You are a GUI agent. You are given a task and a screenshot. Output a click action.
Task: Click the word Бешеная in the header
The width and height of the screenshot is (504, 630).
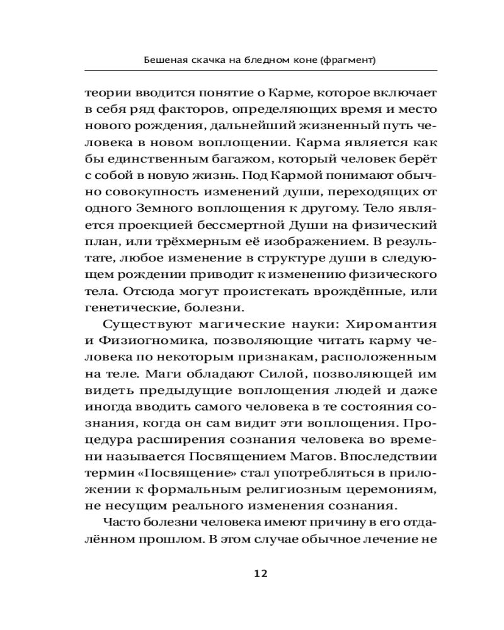(x=164, y=61)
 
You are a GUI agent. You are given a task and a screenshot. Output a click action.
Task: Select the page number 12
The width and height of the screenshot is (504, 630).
(x=261, y=573)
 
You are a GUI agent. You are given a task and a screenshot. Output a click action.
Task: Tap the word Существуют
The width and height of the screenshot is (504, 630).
(x=135, y=324)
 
